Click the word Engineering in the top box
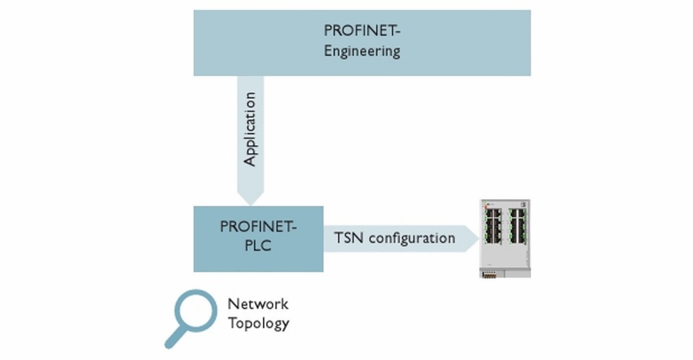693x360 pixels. point(362,52)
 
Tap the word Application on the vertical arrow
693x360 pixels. point(250,129)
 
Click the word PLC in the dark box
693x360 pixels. point(258,247)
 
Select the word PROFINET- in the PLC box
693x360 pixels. point(258,227)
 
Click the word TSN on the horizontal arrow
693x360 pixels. point(348,238)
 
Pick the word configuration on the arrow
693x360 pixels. point(412,238)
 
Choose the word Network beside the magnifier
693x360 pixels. point(257,304)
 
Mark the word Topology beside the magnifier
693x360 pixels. point(258,324)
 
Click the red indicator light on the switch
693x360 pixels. point(487,204)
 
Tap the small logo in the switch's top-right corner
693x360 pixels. point(525,204)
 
